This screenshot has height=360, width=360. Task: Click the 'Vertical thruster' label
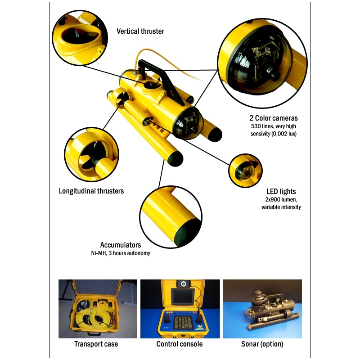point(140,31)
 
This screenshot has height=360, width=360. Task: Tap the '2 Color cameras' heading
point(274,118)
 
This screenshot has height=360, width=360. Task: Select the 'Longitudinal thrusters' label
point(91,191)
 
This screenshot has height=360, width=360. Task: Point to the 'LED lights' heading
point(281,192)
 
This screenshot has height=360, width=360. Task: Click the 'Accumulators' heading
point(121,245)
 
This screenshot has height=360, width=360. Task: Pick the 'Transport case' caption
point(96,344)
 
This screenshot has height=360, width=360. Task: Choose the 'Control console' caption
point(180,344)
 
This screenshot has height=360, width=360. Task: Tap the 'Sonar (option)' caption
point(262,344)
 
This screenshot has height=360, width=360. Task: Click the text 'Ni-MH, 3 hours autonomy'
point(121,253)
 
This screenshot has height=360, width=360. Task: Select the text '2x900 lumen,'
point(281,199)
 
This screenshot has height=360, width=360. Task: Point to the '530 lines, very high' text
point(274,126)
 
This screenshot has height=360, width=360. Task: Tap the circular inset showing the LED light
point(245,171)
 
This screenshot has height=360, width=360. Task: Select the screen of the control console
point(184,297)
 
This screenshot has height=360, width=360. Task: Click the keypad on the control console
point(183,322)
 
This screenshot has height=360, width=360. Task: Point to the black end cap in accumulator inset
point(187,233)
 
